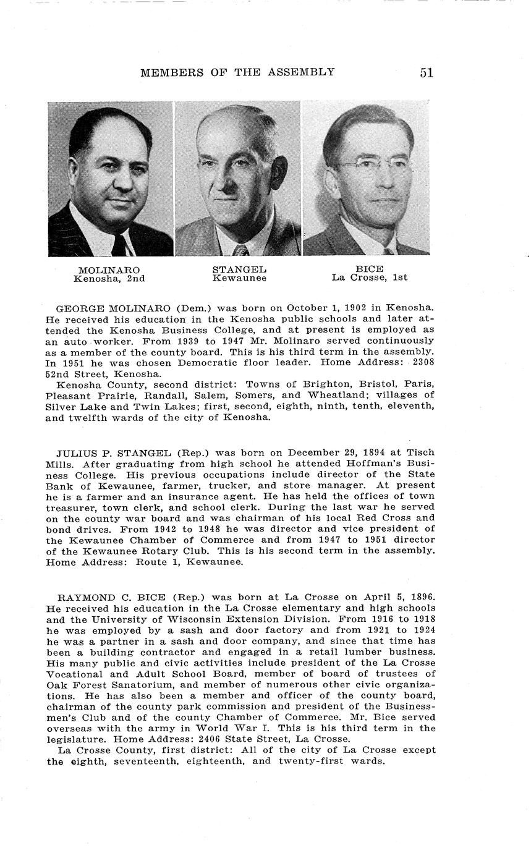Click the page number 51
click(427, 72)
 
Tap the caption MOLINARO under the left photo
click(109, 269)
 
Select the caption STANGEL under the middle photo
click(239, 269)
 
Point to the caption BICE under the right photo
click(369, 269)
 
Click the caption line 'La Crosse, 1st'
click(369, 278)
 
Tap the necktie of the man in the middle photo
click(240, 250)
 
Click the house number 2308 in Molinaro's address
click(422, 363)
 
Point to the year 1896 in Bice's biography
click(422, 598)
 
